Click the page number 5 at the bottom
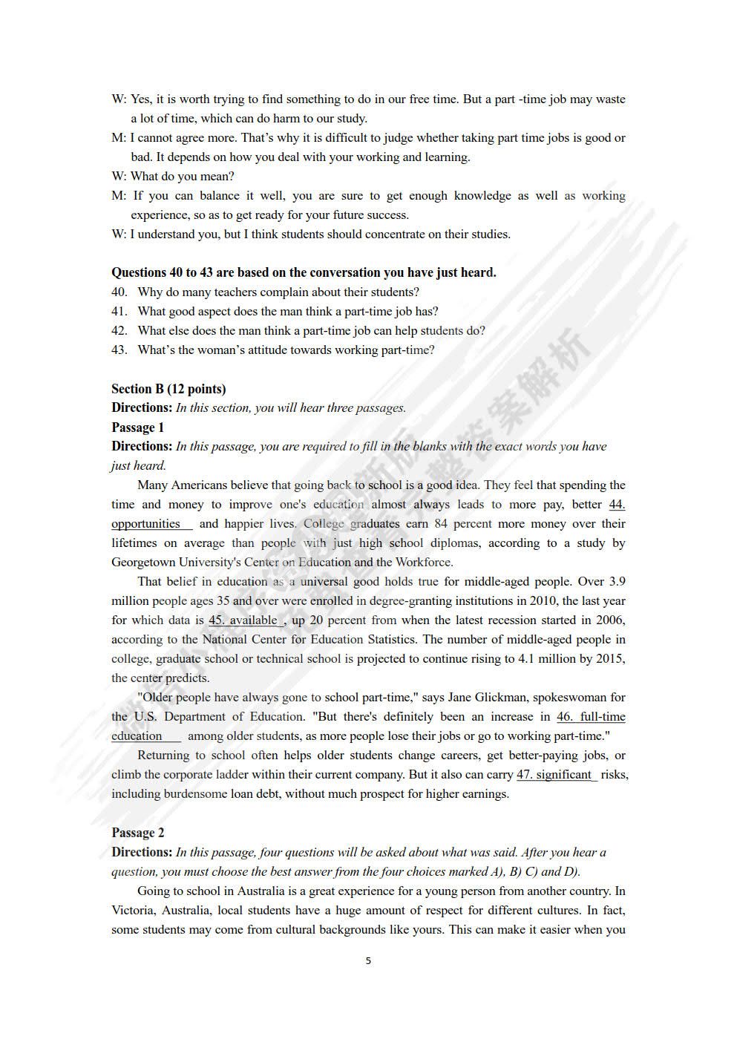coord(368,961)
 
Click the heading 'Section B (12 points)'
coord(168,389)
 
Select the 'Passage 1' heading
coord(138,427)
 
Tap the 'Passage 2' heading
coord(138,833)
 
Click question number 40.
coord(119,292)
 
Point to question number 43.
coord(119,350)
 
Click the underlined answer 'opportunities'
coord(146,524)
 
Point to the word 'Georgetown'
coord(145,563)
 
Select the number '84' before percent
coord(441,524)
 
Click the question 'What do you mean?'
coord(182,177)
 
